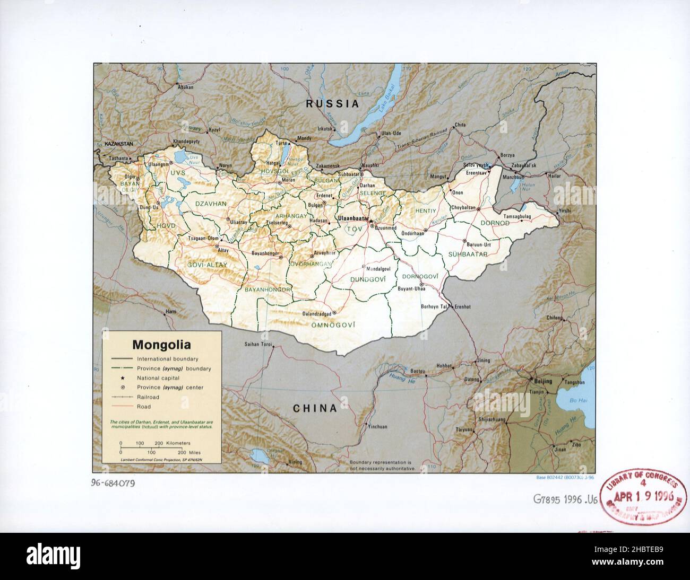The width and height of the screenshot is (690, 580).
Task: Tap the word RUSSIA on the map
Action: [x=332, y=104]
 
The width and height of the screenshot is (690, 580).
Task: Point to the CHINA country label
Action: [x=315, y=408]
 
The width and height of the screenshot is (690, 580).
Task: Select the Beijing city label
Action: [x=543, y=381]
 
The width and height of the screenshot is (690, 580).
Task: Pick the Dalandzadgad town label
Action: [x=316, y=313]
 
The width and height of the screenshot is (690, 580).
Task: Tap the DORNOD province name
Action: [x=495, y=223]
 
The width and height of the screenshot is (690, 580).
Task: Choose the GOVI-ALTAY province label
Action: [x=207, y=265]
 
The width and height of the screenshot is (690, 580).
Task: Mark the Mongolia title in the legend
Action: [x=161, y=345]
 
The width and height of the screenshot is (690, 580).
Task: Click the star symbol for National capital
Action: [x=122, y=378]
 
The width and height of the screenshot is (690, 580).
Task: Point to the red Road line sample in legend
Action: [x=122, y=407]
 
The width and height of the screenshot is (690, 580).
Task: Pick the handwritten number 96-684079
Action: [x=113, y=483]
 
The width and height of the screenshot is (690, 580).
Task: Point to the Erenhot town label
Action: [x=462, y=306]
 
